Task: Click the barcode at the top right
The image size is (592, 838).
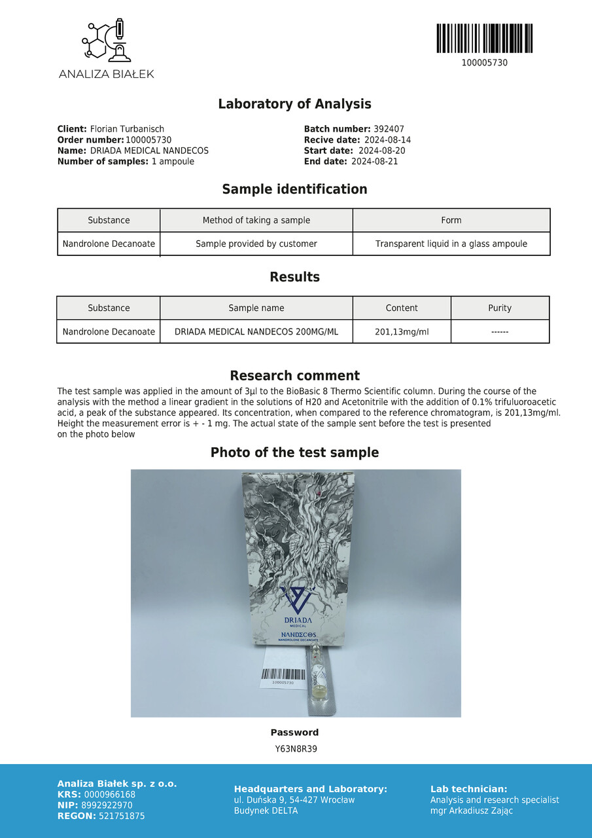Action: click(x=484, y=39)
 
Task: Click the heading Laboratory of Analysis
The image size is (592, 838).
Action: click(x=294, y=104)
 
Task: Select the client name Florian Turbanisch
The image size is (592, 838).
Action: click(x=127, y=130)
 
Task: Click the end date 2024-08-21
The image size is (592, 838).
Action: click(x=374, y=161)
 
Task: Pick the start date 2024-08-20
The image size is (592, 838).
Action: click(x=381, y=151)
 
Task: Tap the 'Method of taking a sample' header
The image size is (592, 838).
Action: click(x=256, y=221)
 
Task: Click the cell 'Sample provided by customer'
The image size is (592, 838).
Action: click(x=256, y=244)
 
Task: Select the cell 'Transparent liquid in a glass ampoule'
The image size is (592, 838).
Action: click(x=451, y=244)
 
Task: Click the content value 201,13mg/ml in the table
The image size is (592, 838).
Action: click(x=402, y=332)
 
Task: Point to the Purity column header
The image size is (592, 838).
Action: click(x=500, y=308)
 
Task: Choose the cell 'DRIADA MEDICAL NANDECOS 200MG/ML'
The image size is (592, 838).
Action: click(x=256, y=332)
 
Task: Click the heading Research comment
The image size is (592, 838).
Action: click(x=294, y=376)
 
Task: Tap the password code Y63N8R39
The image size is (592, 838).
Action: click(x=296, y=749)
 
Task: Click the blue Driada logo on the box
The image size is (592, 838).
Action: click(x=297, y=599)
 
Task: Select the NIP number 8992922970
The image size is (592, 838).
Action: click(x=108, y=805)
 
